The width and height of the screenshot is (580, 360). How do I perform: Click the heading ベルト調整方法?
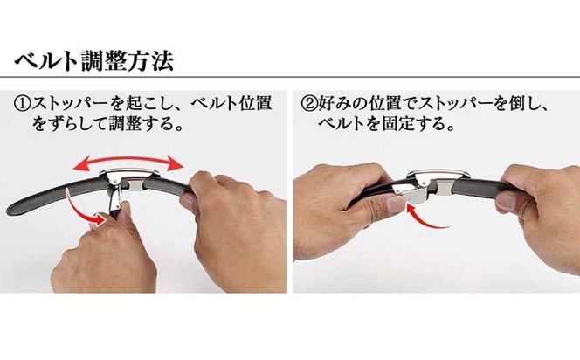coord(94,60)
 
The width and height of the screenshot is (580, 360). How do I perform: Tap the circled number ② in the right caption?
coord(309,103)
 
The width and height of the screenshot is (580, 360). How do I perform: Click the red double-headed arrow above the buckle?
coord(128,162)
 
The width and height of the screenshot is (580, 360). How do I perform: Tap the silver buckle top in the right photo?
coord(438,174)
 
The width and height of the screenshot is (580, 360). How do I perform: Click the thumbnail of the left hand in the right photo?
coord(396,204)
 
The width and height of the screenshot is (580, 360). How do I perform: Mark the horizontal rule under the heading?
coord(290,77)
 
